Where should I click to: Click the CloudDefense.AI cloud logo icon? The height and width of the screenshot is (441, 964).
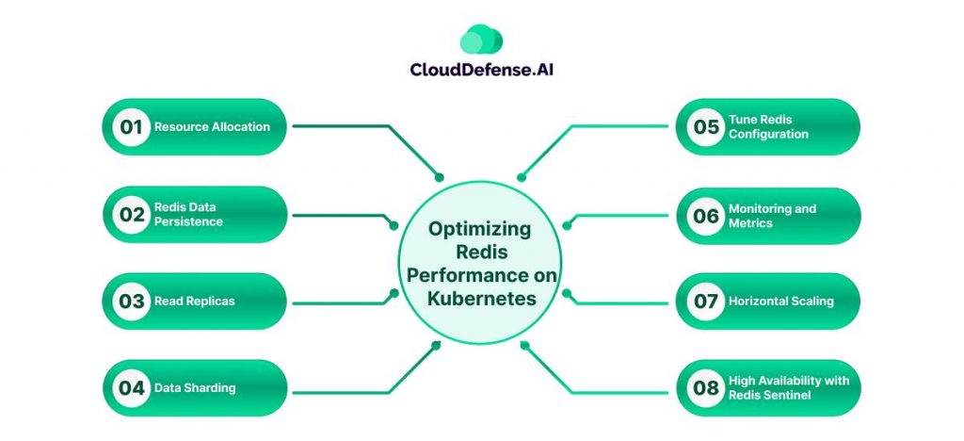coord(481,39)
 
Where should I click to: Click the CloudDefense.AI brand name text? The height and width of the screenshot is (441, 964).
coord(481,69)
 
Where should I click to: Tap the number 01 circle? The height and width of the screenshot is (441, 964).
coord(131,127)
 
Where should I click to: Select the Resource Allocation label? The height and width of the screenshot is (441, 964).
coord(212,127)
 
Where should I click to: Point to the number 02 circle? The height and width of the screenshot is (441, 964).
coord(131,214)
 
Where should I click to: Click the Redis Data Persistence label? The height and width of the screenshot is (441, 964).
coord(188,214)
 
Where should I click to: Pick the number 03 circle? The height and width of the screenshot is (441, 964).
coord(131,302)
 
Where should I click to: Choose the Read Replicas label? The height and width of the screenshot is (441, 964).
coord(194,302)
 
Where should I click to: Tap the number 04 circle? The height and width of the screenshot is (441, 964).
coord(131,388)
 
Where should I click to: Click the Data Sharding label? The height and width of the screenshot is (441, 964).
coord(195,388)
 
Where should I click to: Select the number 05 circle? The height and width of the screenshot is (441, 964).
coord(705,127)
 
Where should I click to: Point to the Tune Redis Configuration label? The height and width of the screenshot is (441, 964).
coord(768,127)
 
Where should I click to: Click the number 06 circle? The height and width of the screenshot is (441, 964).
coord(705,216)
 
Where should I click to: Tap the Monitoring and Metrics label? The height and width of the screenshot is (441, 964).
coord(772,216)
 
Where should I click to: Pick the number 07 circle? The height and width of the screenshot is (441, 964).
coord(705,302)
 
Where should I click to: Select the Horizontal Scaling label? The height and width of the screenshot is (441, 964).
coord(780,302)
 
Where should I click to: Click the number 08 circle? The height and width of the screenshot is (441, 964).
coord(705,388)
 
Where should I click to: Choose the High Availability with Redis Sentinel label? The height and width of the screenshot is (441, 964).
coord(789,388)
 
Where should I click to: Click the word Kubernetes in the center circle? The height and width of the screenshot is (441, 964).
coord(481,298)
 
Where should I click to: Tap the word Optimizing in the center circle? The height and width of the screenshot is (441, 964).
coord(480,229)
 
